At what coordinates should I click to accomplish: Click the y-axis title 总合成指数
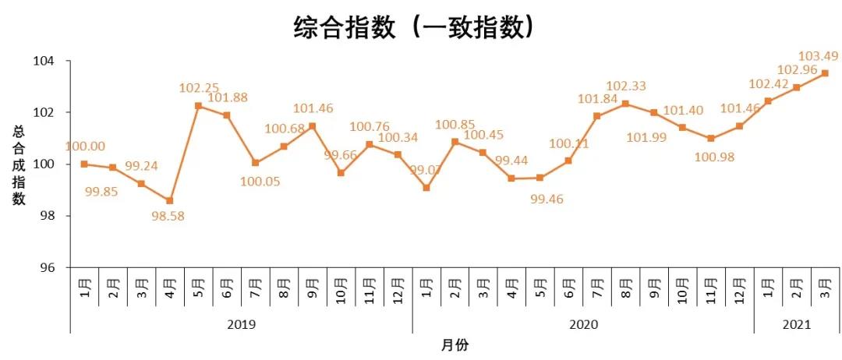click(x=18, y=164)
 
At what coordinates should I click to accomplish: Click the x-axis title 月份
click(x=455, y=344)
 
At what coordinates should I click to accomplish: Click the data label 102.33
click(x=627, y=86)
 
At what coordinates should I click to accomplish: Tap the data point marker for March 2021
click(x=825, y=73)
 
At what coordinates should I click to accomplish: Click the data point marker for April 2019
click(x=169, y=200)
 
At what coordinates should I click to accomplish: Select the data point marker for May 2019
click(x=198, y=105)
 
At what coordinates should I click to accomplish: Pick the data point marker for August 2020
click(x=625, y=104)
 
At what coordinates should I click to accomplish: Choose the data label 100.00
click(x=85, y=146)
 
